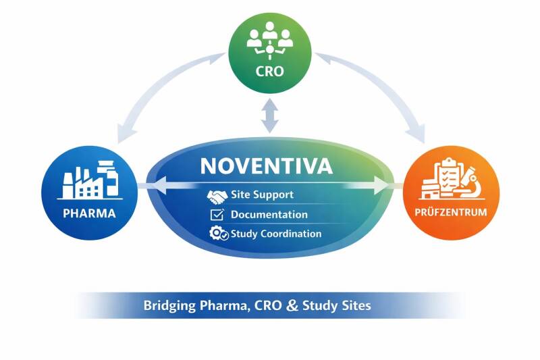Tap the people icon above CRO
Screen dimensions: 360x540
(x=269, y=39)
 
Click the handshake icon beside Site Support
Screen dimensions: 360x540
(x=217, y=195)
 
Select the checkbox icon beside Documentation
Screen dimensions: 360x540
(x=217, y=215)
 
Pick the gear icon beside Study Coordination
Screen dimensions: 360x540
(x=218, y=234)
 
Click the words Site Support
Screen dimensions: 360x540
(x=262, y=195)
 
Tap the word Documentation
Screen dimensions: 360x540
(x=269, y=215)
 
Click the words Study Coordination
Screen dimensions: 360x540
(x=275, y=234)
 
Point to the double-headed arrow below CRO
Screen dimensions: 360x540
(x=269, y=115)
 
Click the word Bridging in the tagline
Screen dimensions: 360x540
(x=167, y=305)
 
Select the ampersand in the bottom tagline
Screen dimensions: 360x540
(x=292, y=305)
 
